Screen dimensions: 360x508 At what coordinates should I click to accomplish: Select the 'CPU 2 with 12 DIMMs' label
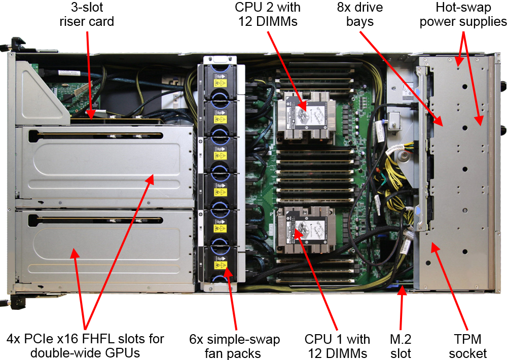[x=267, y=15]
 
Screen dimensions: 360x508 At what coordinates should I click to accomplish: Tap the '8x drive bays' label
[x=359, y=15]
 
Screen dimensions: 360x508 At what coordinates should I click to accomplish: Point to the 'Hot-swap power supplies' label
[x=463, y=15]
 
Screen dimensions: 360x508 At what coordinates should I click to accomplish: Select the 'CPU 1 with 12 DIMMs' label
[x=337, y=346]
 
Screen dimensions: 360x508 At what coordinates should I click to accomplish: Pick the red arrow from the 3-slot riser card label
[x=89, y=76]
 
